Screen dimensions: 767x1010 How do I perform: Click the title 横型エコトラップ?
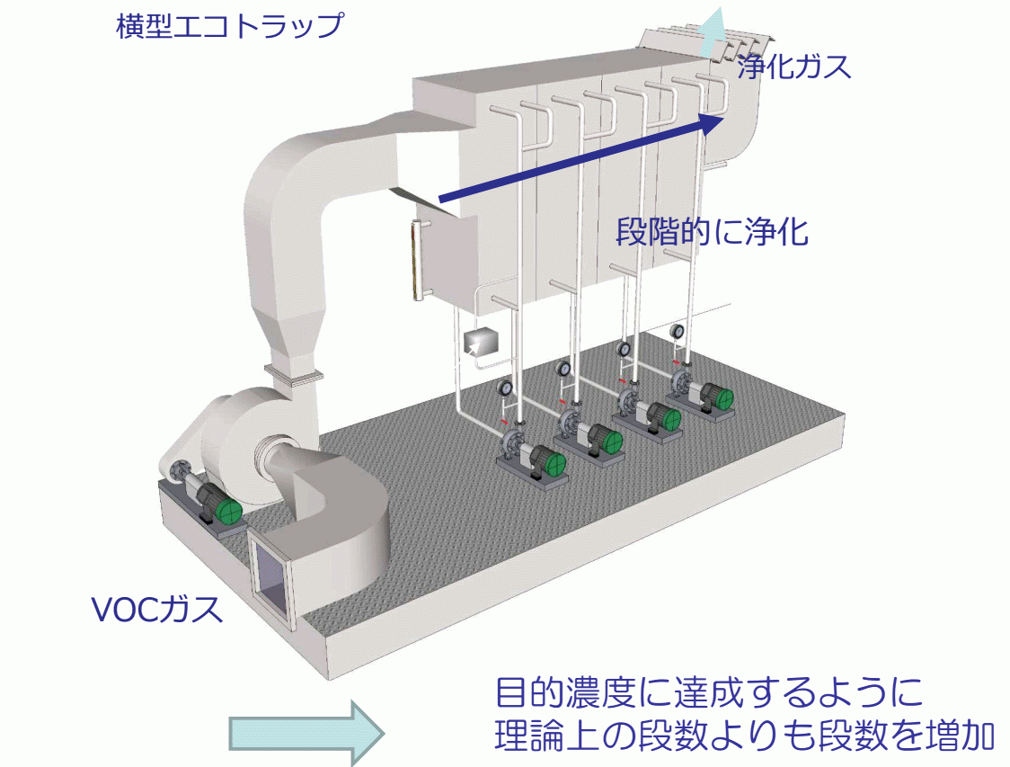[229, 24]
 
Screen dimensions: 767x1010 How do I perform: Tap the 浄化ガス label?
[793, 66]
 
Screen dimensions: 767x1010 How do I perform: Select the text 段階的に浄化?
[712, 232]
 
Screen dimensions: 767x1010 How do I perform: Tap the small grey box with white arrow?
[483, 343]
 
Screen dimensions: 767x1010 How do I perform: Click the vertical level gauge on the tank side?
[416, 260]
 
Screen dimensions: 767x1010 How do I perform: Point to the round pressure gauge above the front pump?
[504, 389]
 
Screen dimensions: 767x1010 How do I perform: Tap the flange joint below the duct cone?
[292, 370]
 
